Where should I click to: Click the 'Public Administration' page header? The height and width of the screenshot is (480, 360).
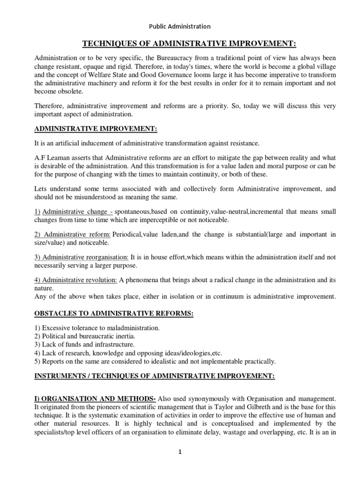(x=180, y=26)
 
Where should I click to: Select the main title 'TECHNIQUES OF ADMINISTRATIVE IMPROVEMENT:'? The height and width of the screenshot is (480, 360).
(x=189, y=44)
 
